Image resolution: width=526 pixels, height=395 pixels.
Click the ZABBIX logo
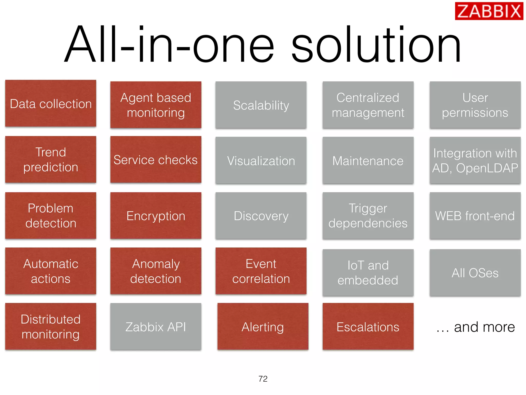(489, 11)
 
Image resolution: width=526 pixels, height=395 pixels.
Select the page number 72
(263, 379)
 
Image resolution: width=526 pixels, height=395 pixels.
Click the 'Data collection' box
(51, 103)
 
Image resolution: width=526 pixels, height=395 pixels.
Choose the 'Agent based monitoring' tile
(156, 105)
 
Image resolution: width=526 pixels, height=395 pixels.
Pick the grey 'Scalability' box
(261, 105)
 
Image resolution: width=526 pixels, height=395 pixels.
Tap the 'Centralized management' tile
(368, 105)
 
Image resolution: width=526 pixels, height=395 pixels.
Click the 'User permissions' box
(475, 105)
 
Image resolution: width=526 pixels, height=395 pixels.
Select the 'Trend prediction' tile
(51, 159)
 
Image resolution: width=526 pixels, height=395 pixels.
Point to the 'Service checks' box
(156, 159)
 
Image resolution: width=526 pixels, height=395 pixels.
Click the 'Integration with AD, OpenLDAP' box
(475, 160)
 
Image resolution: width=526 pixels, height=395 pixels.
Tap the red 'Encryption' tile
(156, 216)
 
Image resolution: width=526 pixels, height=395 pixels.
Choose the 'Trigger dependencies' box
(368, 216)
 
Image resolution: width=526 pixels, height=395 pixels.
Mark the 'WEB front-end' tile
(475, 216)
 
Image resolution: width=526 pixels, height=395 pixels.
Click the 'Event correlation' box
(261, 271)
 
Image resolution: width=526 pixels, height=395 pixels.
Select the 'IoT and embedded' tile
(368, 272)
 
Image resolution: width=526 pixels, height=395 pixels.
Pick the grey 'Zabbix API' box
(156, 326)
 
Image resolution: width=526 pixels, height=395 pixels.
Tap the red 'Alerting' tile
(263, 326)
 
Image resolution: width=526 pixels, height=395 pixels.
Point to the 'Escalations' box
(368, 326)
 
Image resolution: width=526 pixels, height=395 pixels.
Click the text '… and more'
(475, 327)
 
